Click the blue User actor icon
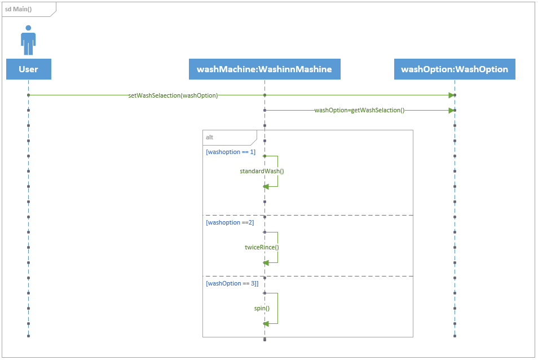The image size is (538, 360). (28, 39)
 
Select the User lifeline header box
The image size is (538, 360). (28, 69)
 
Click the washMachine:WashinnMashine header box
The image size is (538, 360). (264, 69)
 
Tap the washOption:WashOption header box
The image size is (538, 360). (455, 69)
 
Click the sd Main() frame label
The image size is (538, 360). (18, 10)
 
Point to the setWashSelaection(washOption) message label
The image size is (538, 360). (173, 95)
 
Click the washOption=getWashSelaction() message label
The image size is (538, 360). (359, 111)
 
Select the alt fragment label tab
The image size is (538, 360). (210, 137)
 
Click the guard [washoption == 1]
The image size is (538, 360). (231, 152)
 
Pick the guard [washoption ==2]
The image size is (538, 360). (230, 222)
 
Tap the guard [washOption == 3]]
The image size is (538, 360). (232, 283)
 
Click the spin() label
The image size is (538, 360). (262, 308)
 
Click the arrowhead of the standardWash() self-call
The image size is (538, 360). (266, 186)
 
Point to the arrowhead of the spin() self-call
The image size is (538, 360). (266, 323)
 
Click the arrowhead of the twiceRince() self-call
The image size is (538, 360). (266, 262)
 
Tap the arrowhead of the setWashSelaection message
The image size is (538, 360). (451, 95)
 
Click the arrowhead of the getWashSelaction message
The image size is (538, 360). (451, 111)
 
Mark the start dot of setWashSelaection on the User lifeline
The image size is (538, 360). (28, 95)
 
